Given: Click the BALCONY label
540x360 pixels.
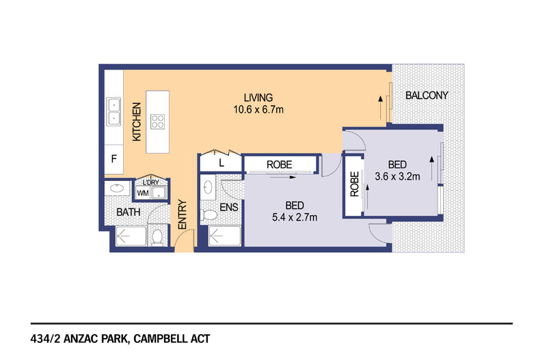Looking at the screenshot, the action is (427, 96).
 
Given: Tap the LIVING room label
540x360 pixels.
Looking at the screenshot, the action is (258, 98).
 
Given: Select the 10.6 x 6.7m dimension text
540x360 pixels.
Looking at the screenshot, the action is (258, 110).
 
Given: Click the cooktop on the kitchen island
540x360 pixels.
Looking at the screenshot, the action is (157, 122).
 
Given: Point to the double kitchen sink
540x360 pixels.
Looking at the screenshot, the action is (113, 111).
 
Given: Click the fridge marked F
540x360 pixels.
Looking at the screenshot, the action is (114, 159).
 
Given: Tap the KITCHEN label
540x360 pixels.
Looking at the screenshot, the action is (137, 122).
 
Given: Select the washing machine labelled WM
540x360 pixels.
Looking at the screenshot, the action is (143, 193).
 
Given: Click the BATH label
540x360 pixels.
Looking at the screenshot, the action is (128, 212).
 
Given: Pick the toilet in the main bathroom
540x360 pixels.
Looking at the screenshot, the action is (157, 237).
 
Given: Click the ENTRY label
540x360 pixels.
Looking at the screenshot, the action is (183, 214).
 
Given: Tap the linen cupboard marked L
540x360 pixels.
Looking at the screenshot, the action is (221, 163).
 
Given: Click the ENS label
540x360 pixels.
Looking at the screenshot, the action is (229, 207).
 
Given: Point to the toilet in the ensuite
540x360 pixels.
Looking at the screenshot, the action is (209, 215).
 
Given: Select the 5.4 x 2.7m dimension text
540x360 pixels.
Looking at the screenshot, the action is (295, 217).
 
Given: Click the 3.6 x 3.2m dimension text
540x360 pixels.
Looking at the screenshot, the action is (397, 176).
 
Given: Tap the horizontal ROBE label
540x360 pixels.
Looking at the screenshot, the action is (280, 165).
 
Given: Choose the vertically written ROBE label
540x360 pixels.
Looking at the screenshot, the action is (354, 184).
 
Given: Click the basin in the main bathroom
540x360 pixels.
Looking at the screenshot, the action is (117, 189).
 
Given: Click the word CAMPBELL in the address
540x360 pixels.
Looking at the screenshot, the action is (161, 339).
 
